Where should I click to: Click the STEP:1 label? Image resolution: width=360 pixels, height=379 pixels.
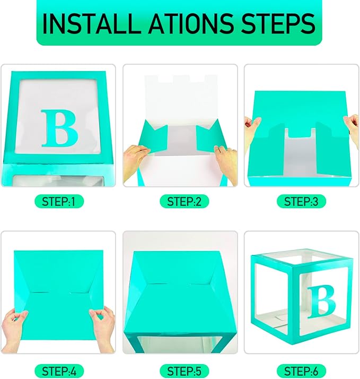click(x=59, y=202)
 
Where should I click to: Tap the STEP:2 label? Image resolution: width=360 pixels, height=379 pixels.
click(x=184, y=202)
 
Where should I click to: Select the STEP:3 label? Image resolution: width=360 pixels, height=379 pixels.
click(x=301, y=202)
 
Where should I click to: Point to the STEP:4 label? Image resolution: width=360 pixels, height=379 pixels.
click(x=59, y=371)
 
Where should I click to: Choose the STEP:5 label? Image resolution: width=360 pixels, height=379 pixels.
click(x=184, y=371)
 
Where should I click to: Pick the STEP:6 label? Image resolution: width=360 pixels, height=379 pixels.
click(x=301, y=371)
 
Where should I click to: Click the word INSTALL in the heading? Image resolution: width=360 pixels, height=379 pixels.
click(x=92, y=24)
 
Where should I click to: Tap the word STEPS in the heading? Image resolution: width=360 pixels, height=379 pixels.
click(x=278, y=23)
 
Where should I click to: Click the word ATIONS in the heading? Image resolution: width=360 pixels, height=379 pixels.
click(x=191, y=23)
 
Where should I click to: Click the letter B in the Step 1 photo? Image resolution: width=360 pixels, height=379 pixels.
click(x=59, y=128)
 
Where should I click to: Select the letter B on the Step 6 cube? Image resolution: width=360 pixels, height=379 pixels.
click(x=321, y=302)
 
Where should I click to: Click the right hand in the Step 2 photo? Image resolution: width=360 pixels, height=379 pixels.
click(x=226, y=164)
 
